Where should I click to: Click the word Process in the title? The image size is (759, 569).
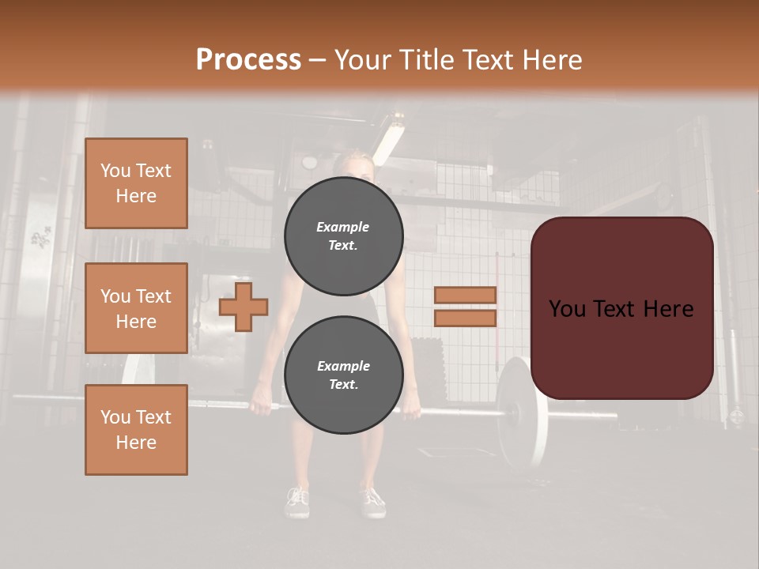pos(248,60)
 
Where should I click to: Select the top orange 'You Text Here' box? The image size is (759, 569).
pos(136,183)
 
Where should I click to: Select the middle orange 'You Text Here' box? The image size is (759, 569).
pos(136,308)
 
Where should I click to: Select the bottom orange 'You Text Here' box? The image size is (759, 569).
pos(136,430)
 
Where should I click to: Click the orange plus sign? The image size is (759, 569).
pos(244,307)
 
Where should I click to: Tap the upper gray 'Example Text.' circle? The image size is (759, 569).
pos(344,236)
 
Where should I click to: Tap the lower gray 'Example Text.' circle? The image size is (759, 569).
pos(344,375)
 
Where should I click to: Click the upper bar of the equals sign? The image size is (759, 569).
pos(465,296)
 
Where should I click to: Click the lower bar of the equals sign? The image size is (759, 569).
pos(465,318)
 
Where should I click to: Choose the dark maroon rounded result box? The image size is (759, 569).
pos(622,308)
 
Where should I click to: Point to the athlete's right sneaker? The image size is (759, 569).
pos(372,500)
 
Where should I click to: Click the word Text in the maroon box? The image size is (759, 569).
pos(621,309)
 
